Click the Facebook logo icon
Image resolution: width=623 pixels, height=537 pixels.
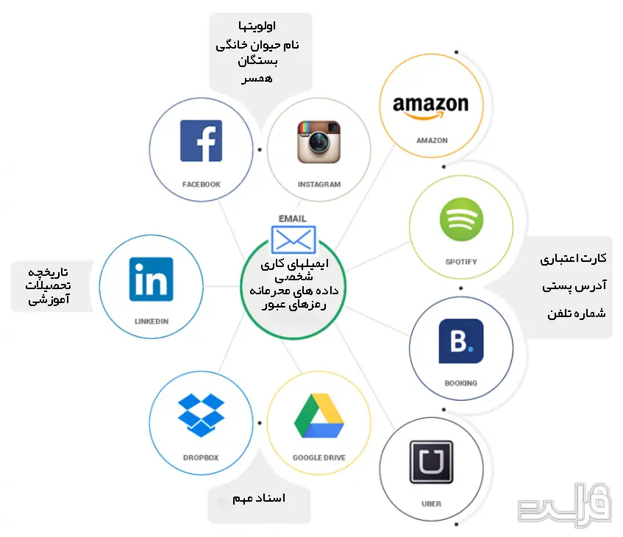pyautogui.click(x=201, y=141)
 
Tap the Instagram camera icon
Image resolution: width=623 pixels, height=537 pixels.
pyautogui.click(x=318, y=142)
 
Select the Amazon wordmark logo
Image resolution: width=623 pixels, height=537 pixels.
pyautogui.click(x=431, y=107)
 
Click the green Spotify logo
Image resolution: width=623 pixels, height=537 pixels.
pyautogui.click(x=461, y=219)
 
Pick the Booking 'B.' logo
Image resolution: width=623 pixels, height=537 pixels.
pyautogui.click(x=461, y=341)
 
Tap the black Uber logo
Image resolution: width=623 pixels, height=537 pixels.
pyautogui.click(x=431, y=462)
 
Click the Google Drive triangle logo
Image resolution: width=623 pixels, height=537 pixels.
pyautogui.click(x=319, y=416)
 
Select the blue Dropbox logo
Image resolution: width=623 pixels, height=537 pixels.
pyautogui.click(x=201, y=415)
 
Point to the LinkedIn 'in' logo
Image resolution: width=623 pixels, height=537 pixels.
pyautogui.click(x=151, y=279)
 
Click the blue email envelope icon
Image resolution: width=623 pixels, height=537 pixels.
pyautogui.click(x=293, y=240)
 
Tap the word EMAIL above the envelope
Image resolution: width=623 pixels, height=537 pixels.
pyautogui.click(x=293, y=218)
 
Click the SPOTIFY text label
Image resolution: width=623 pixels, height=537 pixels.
pyautogui.click(x=461, y=262)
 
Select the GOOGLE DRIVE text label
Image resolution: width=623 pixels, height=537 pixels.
pyautogui.click(x=319, y=458)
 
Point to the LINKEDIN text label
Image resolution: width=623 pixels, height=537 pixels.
pyautogui.click(x=152, y=321)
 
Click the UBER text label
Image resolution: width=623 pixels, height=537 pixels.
pyautogui.click(x=431, y=504)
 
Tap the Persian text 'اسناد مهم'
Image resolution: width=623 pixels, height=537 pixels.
pyautogui.click(x=259, y=499)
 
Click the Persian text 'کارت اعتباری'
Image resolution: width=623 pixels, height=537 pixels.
pyautogui.click(x=573, y=259)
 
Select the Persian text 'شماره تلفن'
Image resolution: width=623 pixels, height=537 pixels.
pyautogui.click(x=577, y=313)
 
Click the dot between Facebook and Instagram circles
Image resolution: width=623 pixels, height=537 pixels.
pyautogui.click(x=260, y=150)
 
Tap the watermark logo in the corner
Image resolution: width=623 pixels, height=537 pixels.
pyautogui.click(x=565, y=505)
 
